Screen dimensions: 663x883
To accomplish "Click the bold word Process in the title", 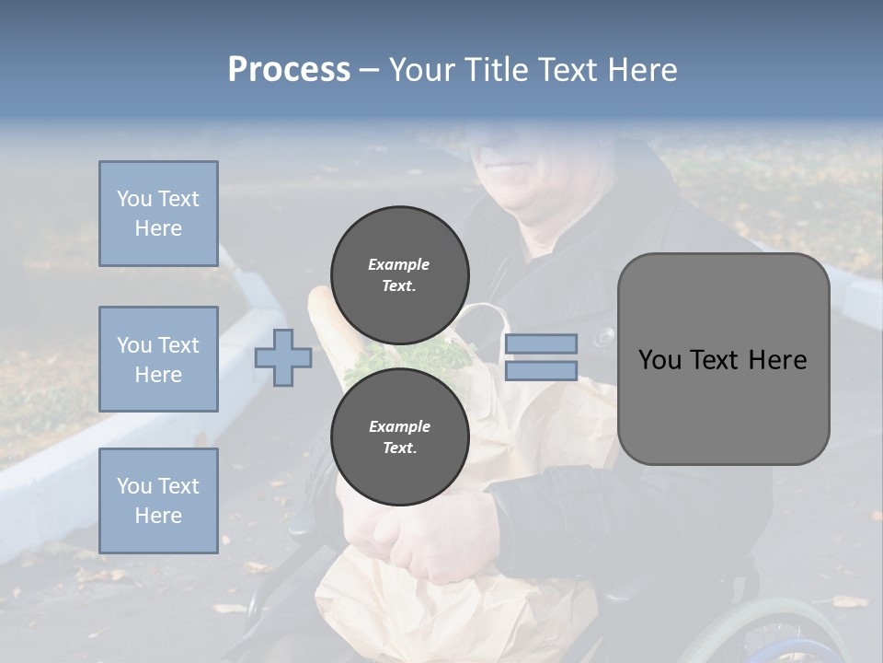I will pos(289,70).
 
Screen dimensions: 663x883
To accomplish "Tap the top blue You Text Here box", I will pos(158,214).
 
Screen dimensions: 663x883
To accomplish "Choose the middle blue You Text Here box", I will pos(158,359).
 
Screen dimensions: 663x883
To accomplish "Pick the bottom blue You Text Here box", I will pos(158,500).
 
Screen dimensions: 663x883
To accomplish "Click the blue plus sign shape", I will pos(283,357).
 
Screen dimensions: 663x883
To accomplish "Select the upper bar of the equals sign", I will pos(541,343).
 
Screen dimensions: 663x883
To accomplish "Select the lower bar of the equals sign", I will pos(541,371).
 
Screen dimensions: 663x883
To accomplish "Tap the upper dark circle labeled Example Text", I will pos(399,275).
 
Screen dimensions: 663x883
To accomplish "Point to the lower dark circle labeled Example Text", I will pos(399,436).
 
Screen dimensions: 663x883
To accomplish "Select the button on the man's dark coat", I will pos(604,337).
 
